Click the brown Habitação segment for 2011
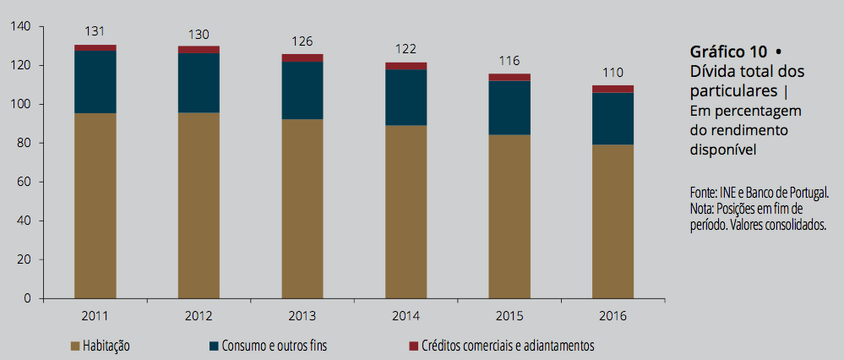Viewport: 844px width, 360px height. pos(95,205)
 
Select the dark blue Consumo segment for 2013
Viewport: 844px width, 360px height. pos(302,90)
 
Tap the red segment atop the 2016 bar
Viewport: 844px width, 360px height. pos(613,89)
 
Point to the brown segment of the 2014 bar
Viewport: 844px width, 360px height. pos(406,211)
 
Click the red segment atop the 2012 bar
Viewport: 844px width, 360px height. pos(199,50)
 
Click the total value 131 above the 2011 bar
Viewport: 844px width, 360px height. pos(95,31)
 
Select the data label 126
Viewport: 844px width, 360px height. pos(302,41)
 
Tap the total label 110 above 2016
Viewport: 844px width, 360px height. pos(613,72)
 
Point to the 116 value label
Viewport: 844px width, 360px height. pos(509,61)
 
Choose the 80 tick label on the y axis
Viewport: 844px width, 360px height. pos(25,143)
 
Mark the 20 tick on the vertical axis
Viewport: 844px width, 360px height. pos(25,259)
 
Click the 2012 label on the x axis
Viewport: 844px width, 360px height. pos(199,317)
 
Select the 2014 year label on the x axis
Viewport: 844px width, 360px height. pos(406,317)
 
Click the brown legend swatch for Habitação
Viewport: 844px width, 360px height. pos(75,346)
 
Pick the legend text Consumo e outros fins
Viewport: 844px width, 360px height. pos(274,346)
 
